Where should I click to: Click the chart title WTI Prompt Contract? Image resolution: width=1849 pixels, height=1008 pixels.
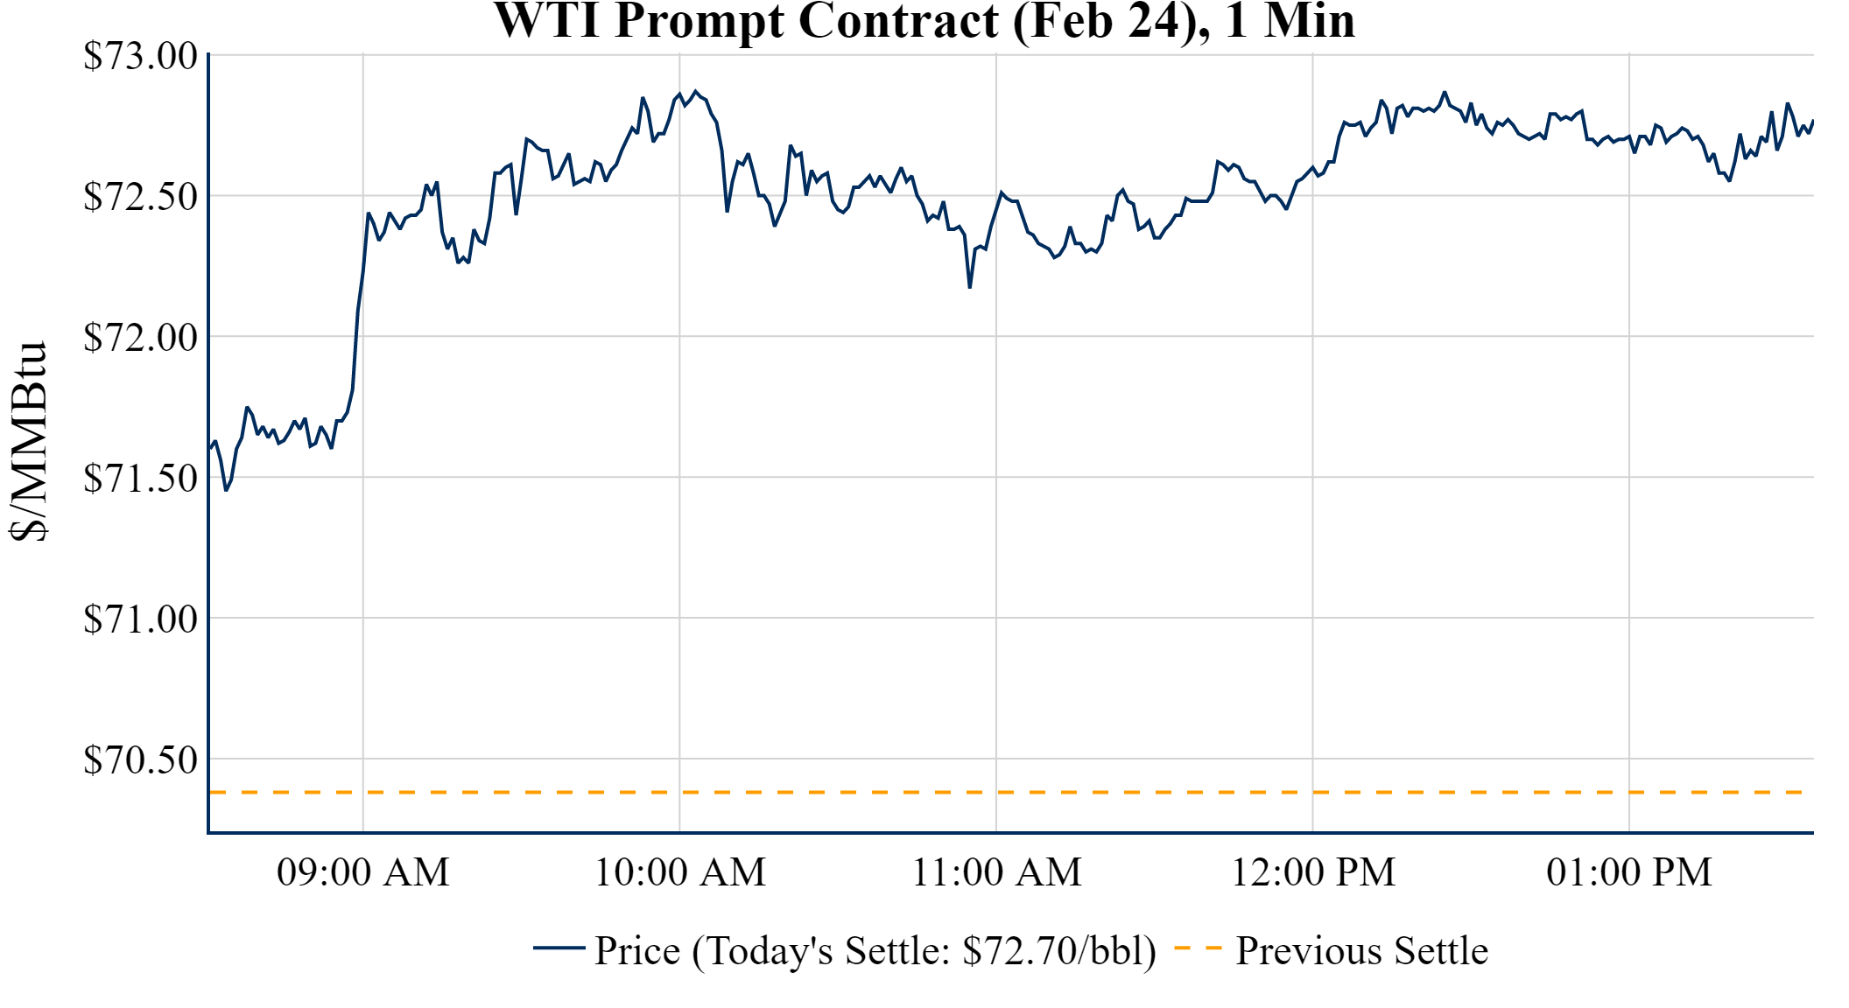pos(924,21)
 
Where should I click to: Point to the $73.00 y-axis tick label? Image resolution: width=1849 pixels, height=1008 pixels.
pos(141,56)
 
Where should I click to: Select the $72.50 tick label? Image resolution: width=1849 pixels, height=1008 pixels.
pos(141,197)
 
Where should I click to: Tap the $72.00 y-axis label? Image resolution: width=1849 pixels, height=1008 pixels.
pos(141,338)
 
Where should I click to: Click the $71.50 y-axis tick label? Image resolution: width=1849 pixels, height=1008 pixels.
pos(141,479)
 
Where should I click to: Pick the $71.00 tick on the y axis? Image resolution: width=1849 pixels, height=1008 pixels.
pos(141,619)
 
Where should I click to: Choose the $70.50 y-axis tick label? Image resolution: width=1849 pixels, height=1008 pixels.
pos(141,760)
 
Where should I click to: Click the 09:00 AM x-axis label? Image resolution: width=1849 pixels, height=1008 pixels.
pos(363,872)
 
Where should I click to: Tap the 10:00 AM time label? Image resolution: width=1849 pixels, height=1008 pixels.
pos(680,872)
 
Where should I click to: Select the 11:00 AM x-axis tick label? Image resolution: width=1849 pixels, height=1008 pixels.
pos(996,872)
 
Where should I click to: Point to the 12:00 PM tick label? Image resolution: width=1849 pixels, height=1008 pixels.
pos(1313,872)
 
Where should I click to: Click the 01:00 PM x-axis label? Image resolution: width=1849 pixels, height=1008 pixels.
pos(1629,872)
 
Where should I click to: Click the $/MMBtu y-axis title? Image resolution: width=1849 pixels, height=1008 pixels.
pos(29,442)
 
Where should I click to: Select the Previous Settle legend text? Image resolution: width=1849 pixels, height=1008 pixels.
pos(1361,951)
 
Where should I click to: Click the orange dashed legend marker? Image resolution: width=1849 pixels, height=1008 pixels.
pos(1197,948)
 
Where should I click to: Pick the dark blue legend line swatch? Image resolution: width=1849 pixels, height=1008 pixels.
pos(559,948)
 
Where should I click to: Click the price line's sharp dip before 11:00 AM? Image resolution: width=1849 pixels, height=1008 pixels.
pos(970,286)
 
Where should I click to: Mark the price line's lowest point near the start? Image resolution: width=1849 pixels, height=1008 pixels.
pos(226,489)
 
